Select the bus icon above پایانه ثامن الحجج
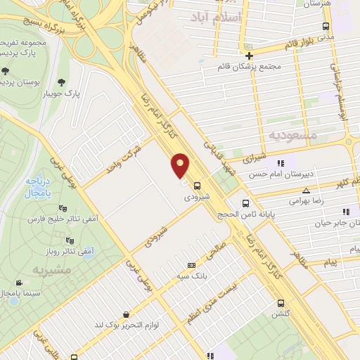245,204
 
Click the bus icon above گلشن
280,304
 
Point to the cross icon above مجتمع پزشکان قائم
250,55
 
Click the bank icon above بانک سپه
191,265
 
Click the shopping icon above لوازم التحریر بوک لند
127,314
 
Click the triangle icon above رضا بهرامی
306,191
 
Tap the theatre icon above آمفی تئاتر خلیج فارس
62,208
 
